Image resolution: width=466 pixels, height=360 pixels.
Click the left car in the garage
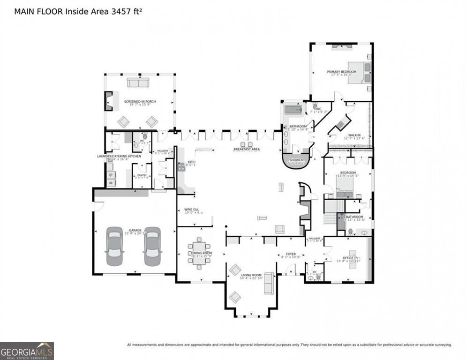[114, 246]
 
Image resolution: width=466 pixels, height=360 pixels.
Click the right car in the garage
[152, 246]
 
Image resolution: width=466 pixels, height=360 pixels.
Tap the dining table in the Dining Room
[200, 254]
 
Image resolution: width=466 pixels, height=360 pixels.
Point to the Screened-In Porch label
[140, 102]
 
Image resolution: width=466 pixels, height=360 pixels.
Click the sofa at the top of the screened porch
[137, 82]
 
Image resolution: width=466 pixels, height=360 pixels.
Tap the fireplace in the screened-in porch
[108, 101]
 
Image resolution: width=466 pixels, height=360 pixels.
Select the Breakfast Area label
[247, 149]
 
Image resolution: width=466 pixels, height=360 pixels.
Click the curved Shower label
[296, 160]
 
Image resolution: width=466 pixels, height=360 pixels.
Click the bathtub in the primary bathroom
[293, 110]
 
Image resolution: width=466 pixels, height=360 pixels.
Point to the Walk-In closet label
[353, 135]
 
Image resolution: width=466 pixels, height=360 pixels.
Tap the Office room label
[348, 258]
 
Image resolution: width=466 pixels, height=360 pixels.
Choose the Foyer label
[291, 254]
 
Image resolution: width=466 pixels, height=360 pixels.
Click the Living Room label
[251, 275]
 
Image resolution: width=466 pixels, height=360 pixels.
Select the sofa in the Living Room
[269, 283]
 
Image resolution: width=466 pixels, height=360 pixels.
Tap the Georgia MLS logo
[27, 351]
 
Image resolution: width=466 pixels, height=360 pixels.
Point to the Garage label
[135, 230]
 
